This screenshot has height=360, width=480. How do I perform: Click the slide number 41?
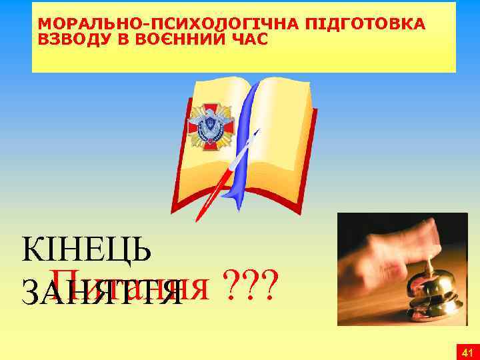tap(467, 351)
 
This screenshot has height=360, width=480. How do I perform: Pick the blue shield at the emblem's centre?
tap(209, 125)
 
